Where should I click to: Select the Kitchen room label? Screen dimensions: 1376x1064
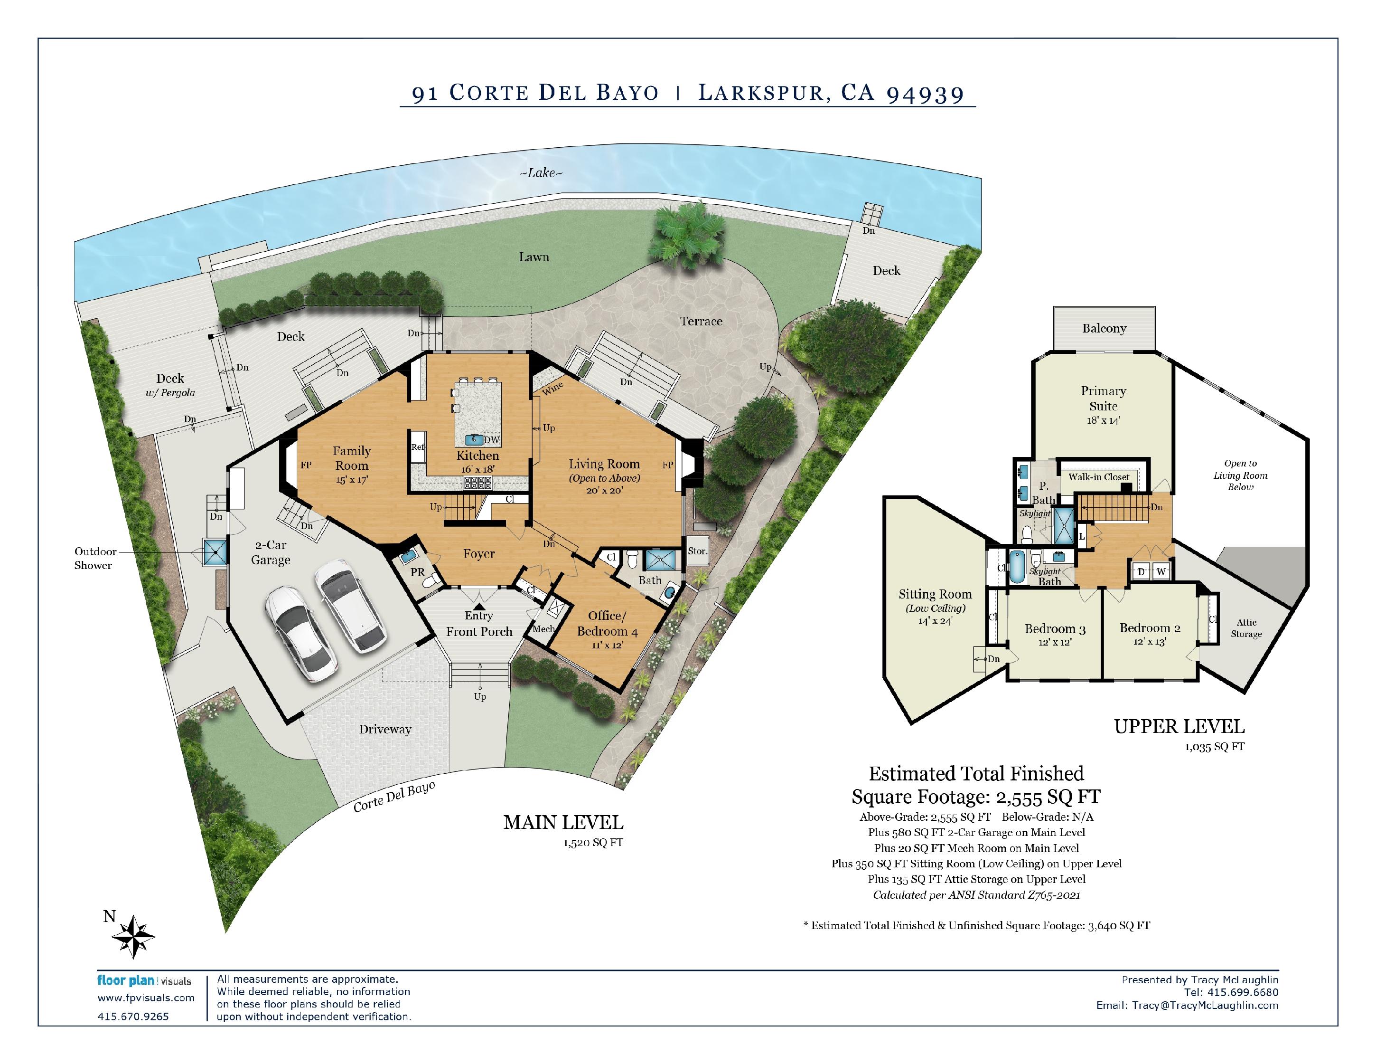point(477,456)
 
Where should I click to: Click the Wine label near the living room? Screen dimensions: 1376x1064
point(552,388)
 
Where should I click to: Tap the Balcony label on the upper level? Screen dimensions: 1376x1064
point(1104,328)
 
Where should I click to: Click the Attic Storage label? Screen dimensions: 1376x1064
point(1246,628)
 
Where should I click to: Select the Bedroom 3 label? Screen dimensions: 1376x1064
point(1055,628)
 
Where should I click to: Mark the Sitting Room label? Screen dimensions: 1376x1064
point(935,594)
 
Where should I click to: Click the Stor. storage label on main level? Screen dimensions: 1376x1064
point(697,551)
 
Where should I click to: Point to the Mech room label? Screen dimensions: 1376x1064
point(543,628)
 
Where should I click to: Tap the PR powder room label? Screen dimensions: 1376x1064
point(417,572)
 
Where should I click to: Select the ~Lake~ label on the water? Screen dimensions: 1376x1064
point(541,172)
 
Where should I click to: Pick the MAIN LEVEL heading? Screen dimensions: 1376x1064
point(563,823)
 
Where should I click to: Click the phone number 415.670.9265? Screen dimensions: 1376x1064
point(133,1016)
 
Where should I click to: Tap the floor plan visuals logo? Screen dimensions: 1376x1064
point(144,981)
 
